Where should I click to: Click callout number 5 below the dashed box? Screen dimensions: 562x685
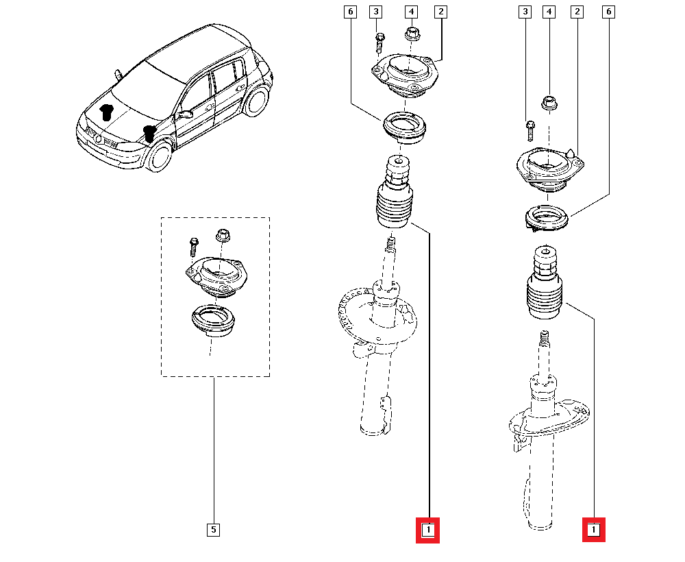click(213, 529)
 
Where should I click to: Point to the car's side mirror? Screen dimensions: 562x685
click(184, 115)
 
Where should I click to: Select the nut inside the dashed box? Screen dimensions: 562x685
click(222, 236)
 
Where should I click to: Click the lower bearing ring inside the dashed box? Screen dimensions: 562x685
click(213, 322)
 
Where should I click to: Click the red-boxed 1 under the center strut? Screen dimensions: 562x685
click(427, 530)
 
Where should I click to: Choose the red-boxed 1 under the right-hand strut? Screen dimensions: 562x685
click(593, 530)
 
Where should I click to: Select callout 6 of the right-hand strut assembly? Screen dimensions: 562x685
click(606, 12)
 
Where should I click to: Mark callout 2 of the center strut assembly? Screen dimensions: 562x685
click(441, 12)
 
